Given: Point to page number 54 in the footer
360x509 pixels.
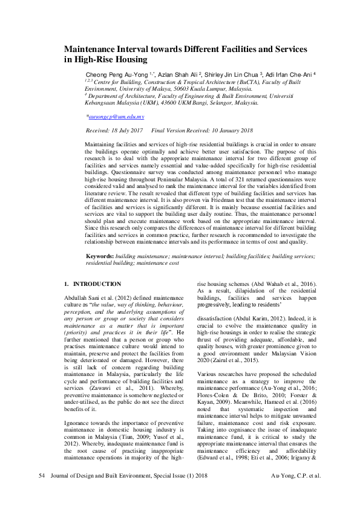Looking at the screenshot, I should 42,493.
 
